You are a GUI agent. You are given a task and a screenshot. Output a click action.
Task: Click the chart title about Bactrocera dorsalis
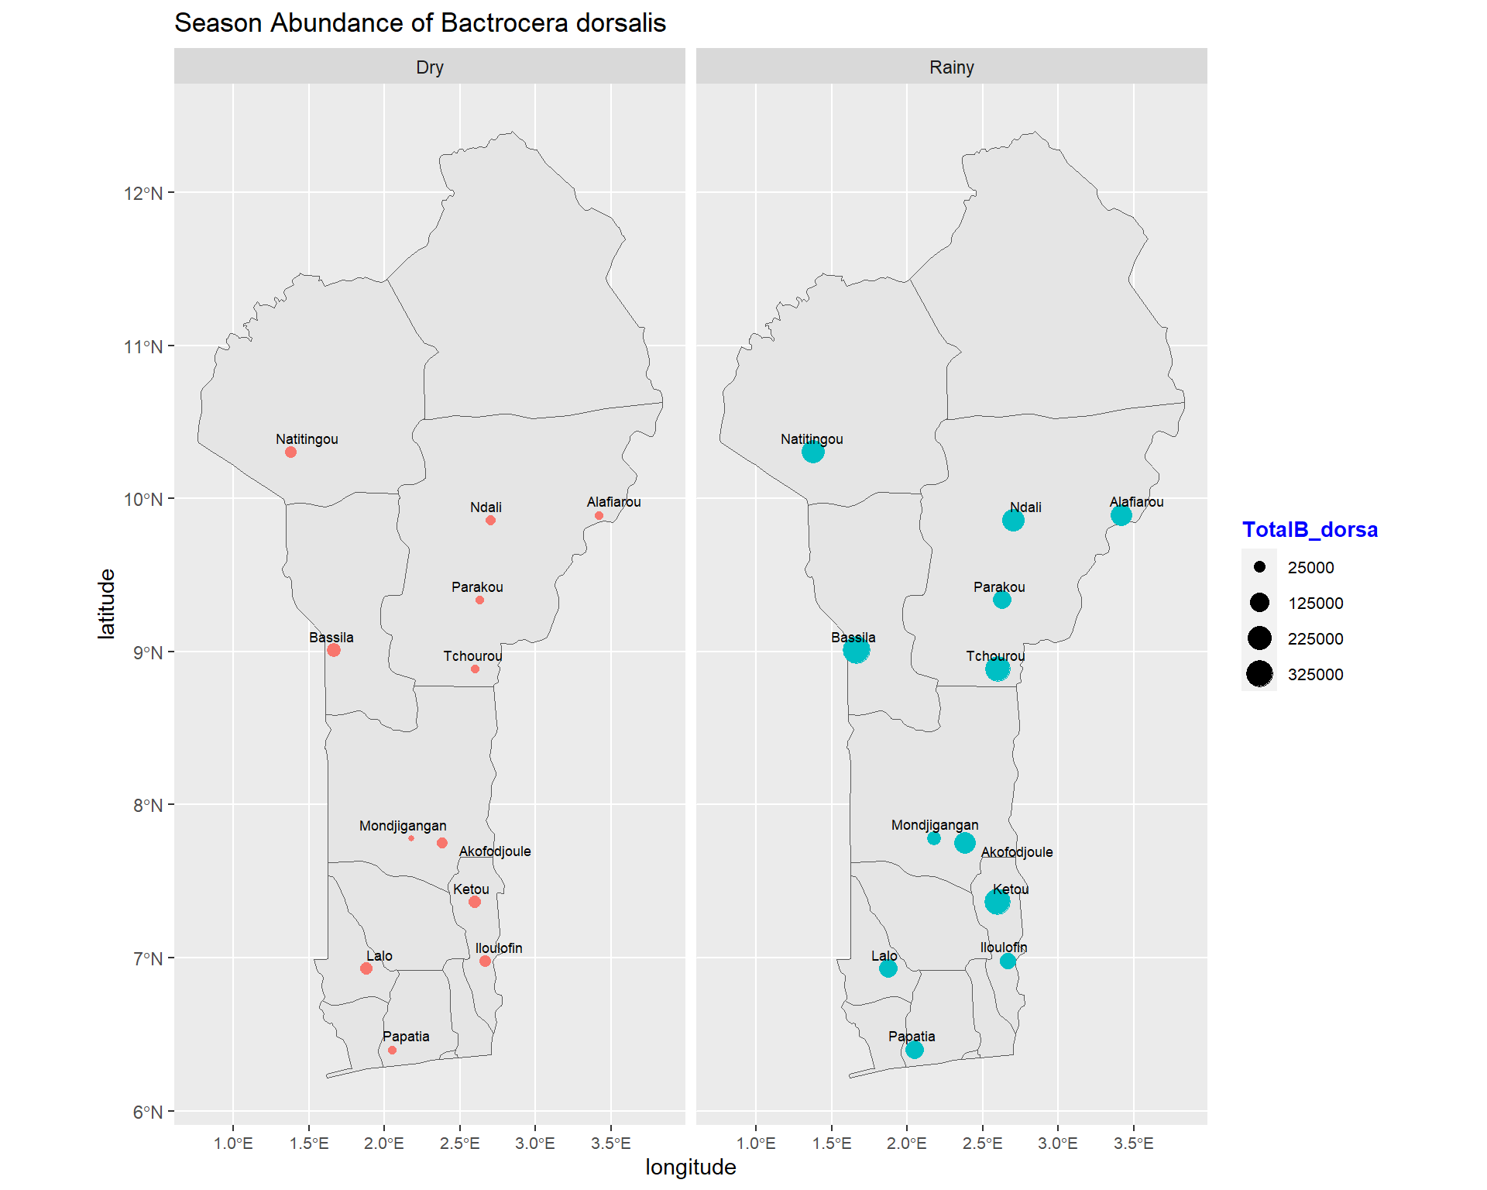pos(420,23)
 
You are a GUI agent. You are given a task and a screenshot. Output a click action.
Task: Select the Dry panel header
pos(429,67)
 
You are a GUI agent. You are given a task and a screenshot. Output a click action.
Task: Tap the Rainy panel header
pos(951,67)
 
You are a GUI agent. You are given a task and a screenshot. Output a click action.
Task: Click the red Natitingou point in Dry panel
pos(290,452)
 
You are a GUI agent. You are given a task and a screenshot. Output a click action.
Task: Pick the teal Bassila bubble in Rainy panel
pos(856,650)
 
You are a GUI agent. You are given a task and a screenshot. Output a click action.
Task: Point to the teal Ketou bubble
pos(997,902)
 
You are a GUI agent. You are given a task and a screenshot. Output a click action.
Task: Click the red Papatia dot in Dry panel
pos(392,1051)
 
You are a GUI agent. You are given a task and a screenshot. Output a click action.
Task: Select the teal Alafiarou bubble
pos(1121,515)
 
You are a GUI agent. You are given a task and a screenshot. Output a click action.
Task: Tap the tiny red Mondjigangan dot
pos(411,838)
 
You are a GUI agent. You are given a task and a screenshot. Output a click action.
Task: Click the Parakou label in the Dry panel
pos(477,587)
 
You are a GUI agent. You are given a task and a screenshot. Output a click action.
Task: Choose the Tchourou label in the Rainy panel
pos(995,656)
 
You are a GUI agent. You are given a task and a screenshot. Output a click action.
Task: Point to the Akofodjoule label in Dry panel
pos(495,851)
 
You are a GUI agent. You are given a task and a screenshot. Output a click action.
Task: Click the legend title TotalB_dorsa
pos(1310,530)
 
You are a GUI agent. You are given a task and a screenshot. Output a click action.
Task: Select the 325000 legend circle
pos(1259,674)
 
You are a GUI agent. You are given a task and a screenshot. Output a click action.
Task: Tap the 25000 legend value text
pos(1310,568)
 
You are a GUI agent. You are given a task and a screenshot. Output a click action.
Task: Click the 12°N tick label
pos(143,193)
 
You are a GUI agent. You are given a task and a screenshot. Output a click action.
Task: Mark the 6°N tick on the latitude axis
pos(147,1113)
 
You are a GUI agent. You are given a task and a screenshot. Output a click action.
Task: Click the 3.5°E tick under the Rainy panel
pos(1133,1144)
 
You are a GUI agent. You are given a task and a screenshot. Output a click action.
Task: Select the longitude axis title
pos(690,1168)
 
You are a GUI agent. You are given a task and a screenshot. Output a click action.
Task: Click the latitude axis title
pos(106,604)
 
